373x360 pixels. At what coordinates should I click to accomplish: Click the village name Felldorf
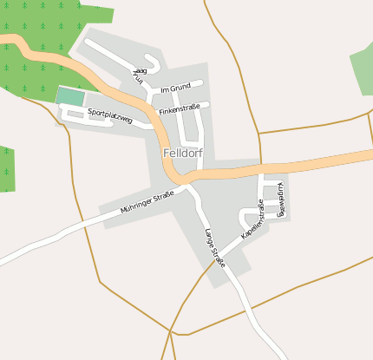182,154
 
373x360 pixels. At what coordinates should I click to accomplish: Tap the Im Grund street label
175,88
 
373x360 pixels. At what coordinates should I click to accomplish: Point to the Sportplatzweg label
110,115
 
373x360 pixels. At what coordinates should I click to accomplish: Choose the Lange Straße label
214,247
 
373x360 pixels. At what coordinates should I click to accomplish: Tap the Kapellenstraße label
252,219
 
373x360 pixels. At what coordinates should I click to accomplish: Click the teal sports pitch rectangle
71,96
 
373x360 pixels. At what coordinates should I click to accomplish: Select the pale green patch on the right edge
363,69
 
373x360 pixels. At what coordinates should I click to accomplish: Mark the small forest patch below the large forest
6,168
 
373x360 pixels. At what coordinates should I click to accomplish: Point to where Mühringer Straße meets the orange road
185,185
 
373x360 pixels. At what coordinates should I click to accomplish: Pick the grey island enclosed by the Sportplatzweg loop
75,113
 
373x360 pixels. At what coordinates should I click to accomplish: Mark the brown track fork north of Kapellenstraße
259,134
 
